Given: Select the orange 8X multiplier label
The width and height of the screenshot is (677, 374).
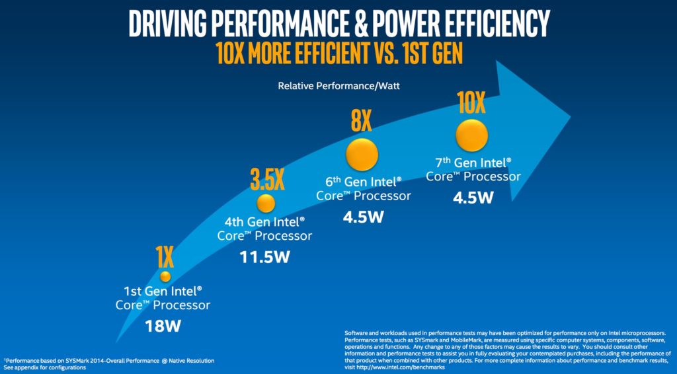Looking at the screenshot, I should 361,122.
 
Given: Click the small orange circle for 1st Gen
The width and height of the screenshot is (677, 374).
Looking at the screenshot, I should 165,276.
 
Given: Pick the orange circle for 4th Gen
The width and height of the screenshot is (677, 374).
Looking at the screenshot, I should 265,202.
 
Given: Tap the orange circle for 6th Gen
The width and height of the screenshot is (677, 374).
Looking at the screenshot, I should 362,154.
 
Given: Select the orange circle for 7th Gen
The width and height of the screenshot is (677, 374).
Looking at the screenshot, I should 472,135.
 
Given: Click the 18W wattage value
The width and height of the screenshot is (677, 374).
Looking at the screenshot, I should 163,326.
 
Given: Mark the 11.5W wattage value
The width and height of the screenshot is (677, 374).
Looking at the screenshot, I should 264,257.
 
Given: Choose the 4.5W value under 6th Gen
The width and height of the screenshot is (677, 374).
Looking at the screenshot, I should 362,217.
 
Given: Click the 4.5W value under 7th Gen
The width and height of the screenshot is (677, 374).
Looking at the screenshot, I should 473,197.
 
